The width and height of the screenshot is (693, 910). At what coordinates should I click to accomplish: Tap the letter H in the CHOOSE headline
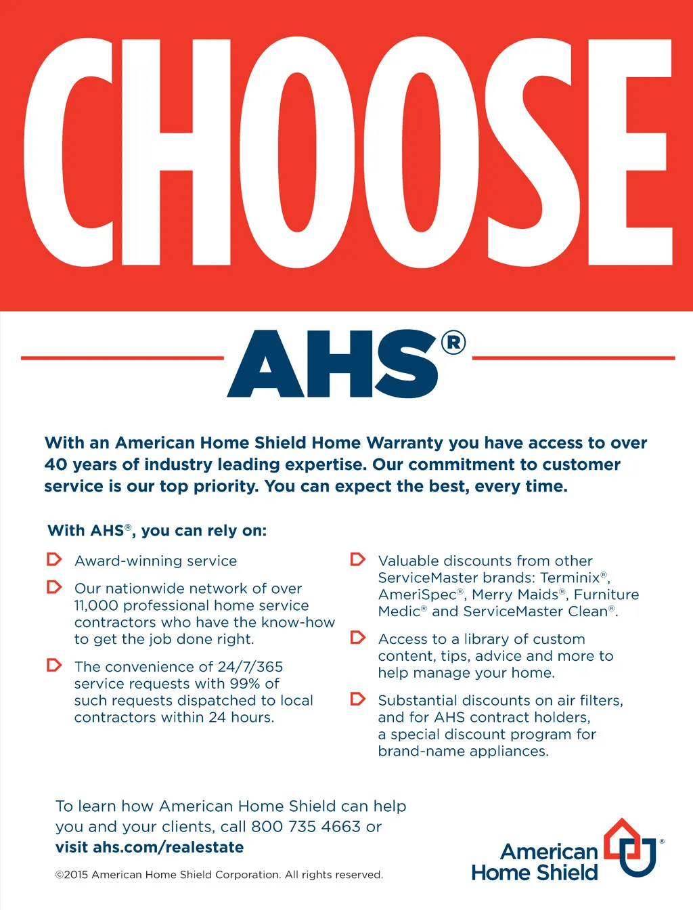point(185,152)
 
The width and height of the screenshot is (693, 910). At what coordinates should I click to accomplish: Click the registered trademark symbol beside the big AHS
point(453,343)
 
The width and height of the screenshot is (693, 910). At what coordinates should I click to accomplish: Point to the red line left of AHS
point(122,357)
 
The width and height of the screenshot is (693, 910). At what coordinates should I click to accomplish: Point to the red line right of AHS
point(573,357)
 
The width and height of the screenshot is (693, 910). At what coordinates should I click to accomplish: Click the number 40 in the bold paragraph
point(55,464)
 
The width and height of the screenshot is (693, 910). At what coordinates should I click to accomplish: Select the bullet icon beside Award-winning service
point(54,560)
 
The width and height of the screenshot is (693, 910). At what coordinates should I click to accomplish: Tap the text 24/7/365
point(250,667)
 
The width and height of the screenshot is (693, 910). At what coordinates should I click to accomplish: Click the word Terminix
point(570,578)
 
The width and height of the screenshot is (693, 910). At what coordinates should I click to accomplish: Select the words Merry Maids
point(515,595)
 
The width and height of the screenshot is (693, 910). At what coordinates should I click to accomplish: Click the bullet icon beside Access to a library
point(358,638)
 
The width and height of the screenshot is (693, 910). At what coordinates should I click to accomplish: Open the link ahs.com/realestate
point(168,848)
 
